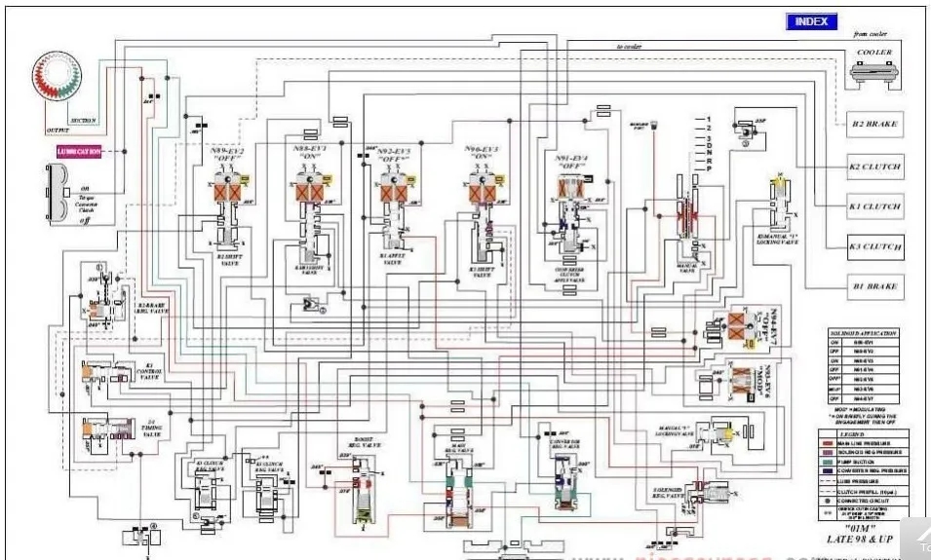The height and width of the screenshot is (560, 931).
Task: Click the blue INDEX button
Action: click(811, 21)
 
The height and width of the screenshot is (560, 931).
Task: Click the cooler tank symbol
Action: click(873, 72)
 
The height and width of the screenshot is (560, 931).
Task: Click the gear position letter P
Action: click(695, 168)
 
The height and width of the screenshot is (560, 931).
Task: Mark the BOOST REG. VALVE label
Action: click(364, 441)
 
